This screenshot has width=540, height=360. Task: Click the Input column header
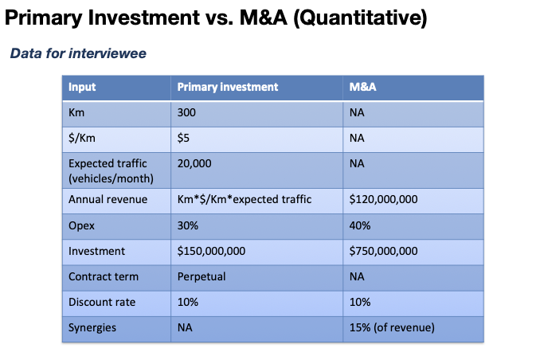[x=82, y=87]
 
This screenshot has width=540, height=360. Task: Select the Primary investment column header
[x=228, y=87]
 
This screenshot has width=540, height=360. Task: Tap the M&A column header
[x=363, y=87]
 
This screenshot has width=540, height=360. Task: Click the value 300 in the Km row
[x=186, y=112]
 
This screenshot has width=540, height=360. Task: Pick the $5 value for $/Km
[x=183, y=138]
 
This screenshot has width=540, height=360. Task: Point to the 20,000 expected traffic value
[x=194, y=163]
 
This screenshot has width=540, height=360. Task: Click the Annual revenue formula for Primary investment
[x=245, y=199]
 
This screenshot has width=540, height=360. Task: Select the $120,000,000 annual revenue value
[x=384, y=199]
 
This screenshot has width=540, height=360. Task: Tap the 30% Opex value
[x=188, y=225]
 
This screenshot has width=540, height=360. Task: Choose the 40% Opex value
[x=360, y=225]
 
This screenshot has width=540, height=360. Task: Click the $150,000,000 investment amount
[x=211, y=251]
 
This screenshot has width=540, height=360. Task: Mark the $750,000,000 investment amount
[x=384, y=251]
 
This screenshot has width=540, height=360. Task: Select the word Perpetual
[x=202, y=276]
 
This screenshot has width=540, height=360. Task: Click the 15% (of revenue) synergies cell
[x=392, y=327]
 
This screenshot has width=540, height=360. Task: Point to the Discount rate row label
[x=102, y=302]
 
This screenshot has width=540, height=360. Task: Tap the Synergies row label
[x=92, y=328]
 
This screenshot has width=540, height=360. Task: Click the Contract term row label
[x=104, y=276]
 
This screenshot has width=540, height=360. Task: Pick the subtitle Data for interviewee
[x=78, y=53]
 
